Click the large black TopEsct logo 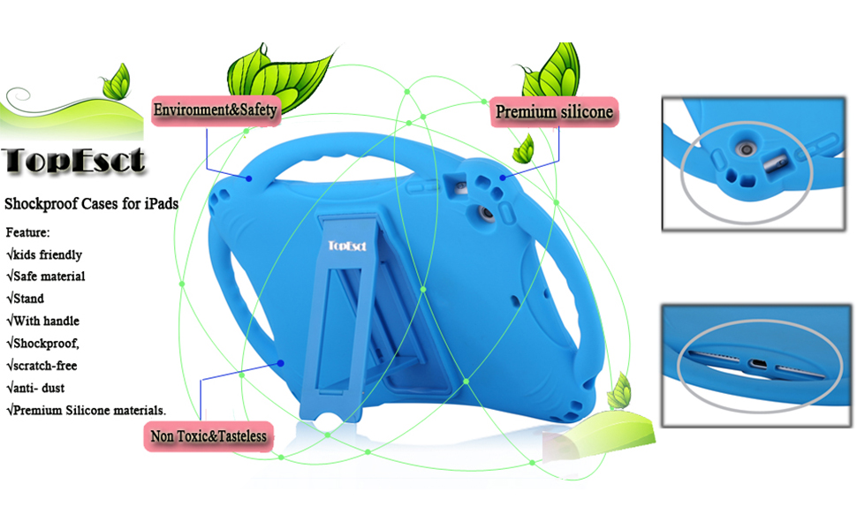(74, 160)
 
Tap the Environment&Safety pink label (216, 110)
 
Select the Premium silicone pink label (554, 112)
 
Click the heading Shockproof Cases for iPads (92, 204)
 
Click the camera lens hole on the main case (484, 215)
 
